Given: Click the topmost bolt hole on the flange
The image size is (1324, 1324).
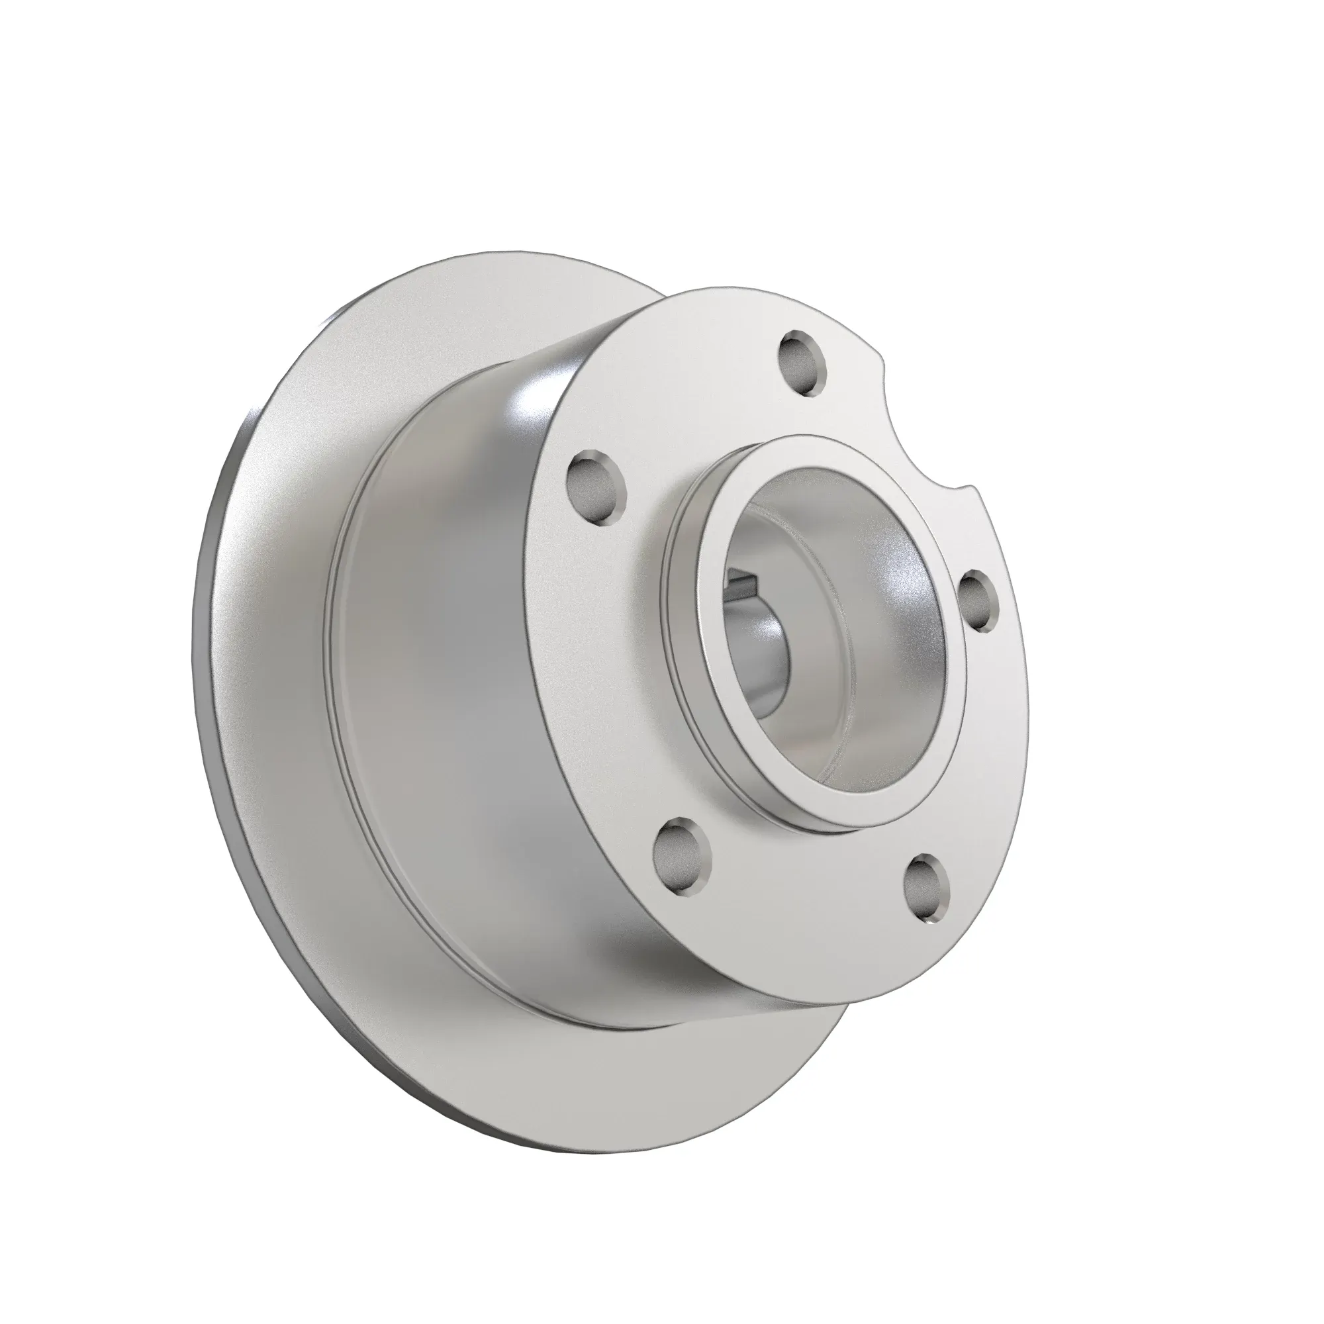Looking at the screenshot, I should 802,363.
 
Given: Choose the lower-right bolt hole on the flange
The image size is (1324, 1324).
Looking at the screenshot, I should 927,889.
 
